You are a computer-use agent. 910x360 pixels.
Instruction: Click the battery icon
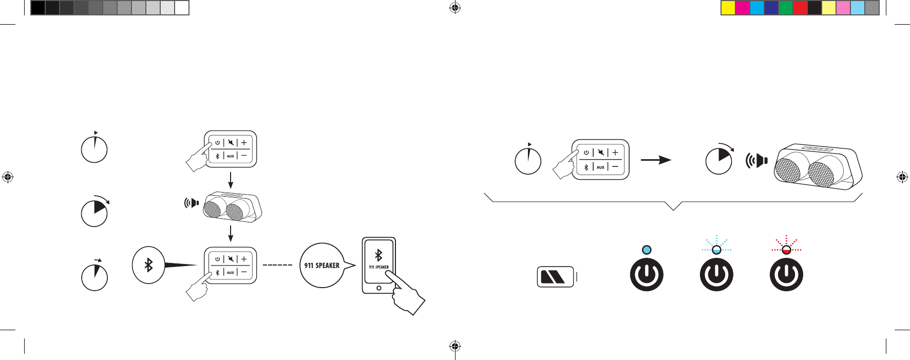555,277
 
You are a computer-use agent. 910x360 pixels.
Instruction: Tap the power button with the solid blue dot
647,275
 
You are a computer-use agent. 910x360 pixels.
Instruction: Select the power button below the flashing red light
786,275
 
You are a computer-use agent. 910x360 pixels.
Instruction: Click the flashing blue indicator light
716,250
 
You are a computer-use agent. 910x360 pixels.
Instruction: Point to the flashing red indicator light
786,250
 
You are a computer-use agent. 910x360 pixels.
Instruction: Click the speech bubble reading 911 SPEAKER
323,266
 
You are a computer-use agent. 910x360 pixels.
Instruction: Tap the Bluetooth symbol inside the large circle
148,265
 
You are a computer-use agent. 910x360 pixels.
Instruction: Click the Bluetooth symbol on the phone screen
378,255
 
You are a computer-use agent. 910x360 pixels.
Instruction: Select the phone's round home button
378,288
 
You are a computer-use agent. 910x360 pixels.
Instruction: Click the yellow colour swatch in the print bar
728,8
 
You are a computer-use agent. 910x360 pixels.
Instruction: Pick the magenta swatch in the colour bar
743,8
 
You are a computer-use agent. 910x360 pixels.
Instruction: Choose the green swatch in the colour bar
786,8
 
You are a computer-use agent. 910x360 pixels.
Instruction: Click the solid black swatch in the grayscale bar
38,8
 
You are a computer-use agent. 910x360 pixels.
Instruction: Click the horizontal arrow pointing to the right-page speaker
656,160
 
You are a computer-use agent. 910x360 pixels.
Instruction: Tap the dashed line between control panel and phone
277,265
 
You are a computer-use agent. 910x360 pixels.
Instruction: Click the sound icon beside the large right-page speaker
756,161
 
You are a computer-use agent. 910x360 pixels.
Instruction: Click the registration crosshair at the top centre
454,8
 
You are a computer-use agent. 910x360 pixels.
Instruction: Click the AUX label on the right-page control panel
600,167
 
